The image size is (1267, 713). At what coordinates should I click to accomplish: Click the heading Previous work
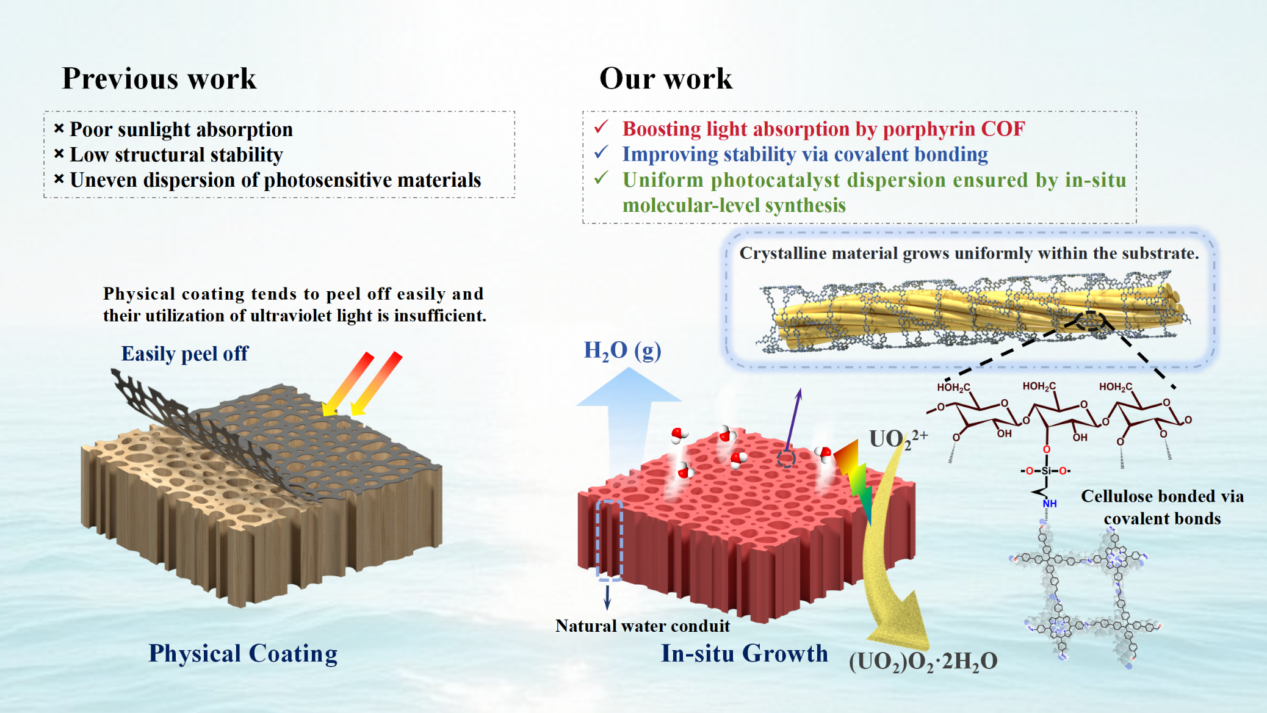(x=159, y=79)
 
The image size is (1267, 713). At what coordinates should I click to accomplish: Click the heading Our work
(x=666, y=79)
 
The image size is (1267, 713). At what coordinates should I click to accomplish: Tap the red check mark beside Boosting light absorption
(x=602, y=127)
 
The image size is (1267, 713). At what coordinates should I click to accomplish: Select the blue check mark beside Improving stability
(x=602, y=153)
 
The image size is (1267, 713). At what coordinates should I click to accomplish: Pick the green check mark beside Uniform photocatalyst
(x=602, y=178)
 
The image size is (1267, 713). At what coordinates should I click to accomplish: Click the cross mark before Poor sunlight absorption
(x=59, y=129)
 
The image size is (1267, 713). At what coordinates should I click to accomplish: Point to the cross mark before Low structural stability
(x=59, y=154)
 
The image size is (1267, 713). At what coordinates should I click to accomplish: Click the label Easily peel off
(x=184, y=354)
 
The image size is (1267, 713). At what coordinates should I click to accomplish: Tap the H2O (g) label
(x=623, y=351)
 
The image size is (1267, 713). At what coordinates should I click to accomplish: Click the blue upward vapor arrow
(x=628, y=415)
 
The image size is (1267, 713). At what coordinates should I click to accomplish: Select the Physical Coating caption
(x=243, y=654)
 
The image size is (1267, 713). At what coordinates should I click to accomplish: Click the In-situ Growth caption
(x=745, y=654)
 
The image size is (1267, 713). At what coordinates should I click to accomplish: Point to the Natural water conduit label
(x=643, y=626)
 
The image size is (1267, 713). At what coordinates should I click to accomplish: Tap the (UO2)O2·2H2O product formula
(x=923, y=662)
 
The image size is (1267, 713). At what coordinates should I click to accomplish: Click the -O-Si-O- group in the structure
(x=1046, y=471)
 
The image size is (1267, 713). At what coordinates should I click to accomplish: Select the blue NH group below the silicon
(x=1050, y=504)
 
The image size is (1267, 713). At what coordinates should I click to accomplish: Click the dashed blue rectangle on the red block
(x=609, y=540)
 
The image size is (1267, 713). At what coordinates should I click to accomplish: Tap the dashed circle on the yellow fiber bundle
(x=1090, y=320)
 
